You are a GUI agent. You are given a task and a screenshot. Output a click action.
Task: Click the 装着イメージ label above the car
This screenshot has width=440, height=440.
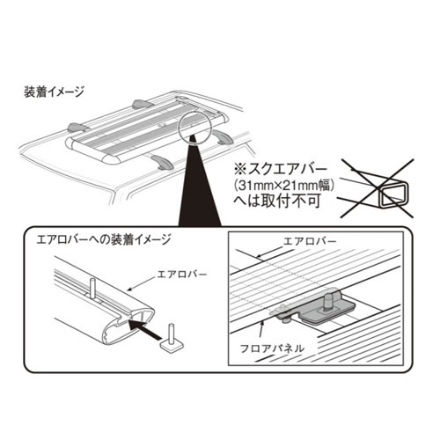54,92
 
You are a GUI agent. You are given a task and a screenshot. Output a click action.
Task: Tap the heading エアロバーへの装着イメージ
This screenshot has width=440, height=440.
103,240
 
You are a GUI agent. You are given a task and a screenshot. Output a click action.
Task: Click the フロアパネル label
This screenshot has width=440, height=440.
272,348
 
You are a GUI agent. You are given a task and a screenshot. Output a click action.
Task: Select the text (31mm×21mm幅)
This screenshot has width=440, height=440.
284,186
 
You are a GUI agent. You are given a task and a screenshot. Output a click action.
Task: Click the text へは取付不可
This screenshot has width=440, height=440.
276,202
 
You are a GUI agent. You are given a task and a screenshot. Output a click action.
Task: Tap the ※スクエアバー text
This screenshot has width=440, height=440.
280,169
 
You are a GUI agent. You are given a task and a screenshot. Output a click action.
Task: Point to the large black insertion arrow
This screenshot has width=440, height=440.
145,330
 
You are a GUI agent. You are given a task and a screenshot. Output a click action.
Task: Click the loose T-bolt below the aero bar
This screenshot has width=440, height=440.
172,340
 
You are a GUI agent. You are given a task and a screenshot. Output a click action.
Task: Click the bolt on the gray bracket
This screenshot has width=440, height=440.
326,301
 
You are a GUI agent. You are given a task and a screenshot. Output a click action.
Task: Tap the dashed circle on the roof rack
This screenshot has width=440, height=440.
194,128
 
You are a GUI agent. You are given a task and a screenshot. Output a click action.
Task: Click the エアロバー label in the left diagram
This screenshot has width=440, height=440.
182,275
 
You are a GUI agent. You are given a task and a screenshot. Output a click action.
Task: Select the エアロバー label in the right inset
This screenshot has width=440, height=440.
310,241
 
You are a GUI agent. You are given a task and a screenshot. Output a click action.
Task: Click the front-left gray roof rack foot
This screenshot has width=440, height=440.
162,162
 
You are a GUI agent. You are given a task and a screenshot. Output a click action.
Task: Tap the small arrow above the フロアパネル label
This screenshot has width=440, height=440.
262,332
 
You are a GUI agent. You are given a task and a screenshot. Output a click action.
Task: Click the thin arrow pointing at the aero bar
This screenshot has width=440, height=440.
142,283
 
